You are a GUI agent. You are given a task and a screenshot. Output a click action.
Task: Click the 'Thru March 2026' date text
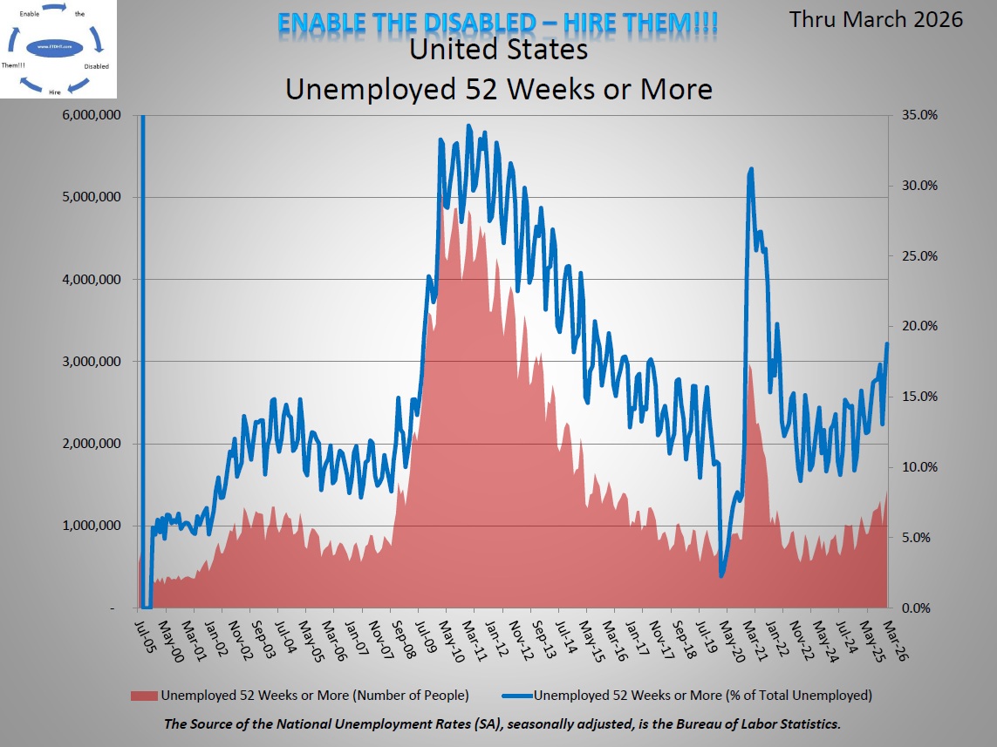[876, 19]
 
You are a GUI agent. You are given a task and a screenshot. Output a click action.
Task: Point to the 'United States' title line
[498, 51]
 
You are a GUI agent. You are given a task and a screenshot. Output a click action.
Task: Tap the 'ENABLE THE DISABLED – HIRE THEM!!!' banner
[497, 22]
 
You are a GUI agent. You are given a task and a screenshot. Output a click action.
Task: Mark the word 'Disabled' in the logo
[97, 66]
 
